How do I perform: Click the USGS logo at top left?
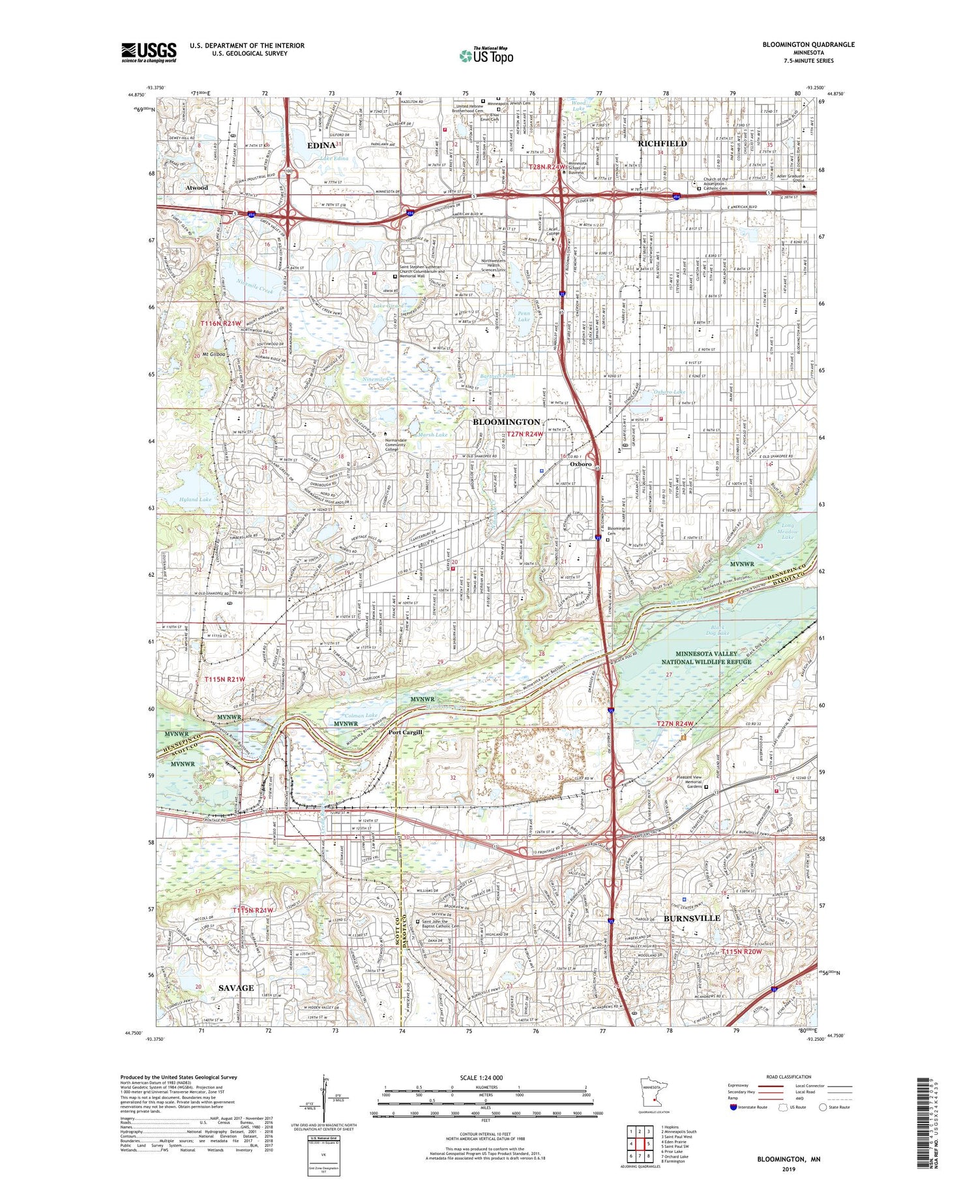[149, 52]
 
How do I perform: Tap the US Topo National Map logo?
[486, 55]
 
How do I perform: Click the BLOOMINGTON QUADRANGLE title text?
[808, 44]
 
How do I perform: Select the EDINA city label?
[321, 145]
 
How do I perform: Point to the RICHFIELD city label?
[662, 143]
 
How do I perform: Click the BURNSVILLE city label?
[692, 917]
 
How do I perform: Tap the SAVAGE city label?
[236, 987]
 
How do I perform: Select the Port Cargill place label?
[406, 731]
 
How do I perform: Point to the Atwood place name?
[196, 188]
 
